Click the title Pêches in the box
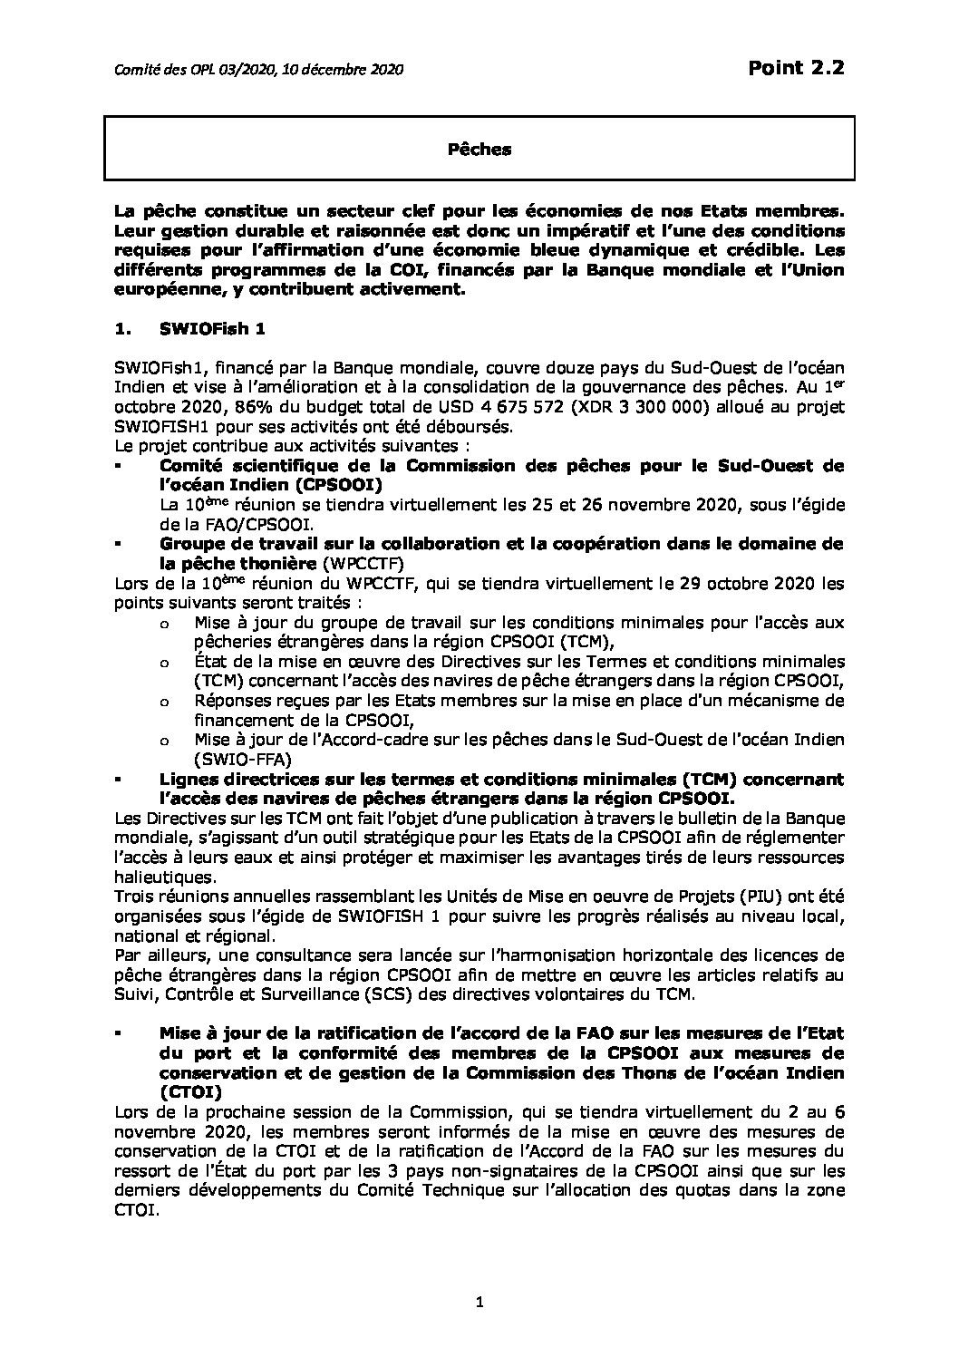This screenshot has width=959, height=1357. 479,150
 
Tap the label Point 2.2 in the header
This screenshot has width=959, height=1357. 795,68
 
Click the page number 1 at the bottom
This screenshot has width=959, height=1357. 479,1303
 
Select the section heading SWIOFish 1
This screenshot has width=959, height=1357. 212,330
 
